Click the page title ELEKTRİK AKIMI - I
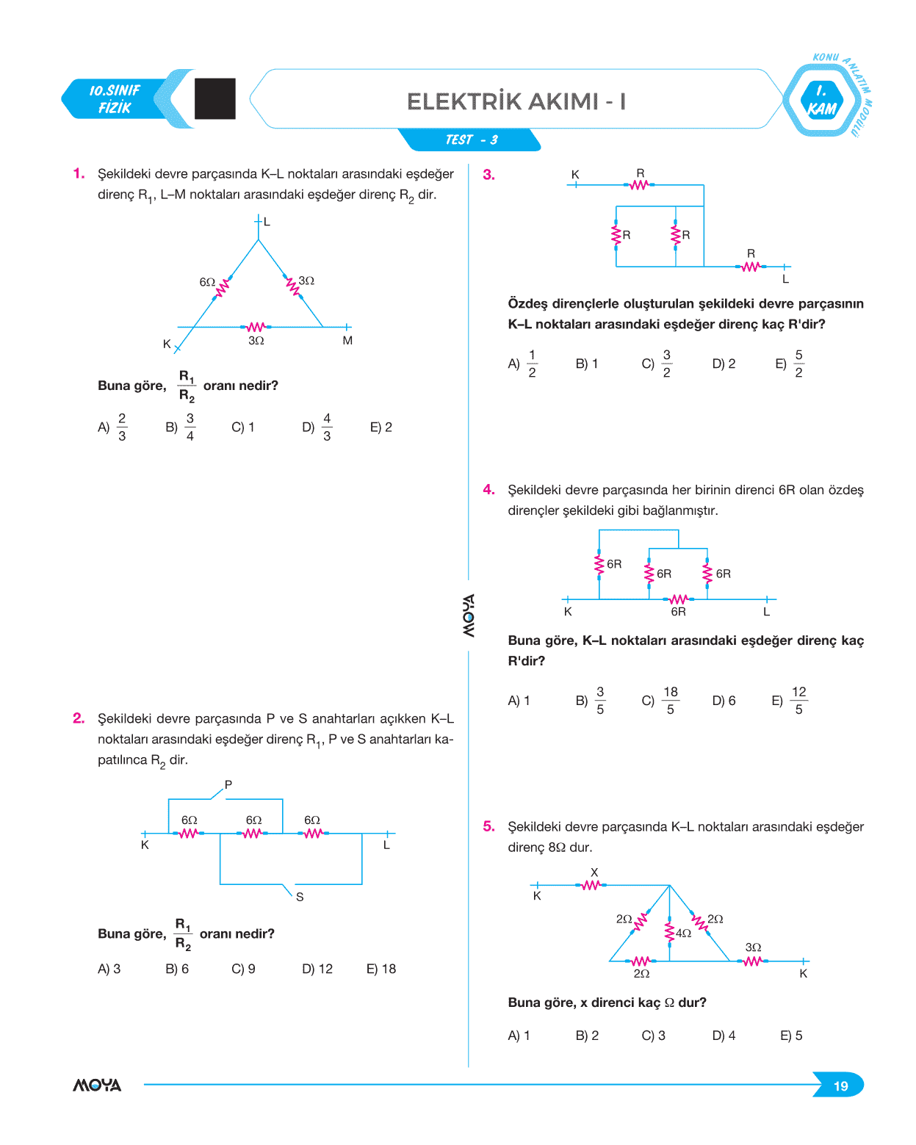point(516,101)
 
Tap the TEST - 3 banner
point(471,140)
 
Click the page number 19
point(840,1086)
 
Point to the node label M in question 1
point(347,341)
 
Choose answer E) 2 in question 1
point(381,427)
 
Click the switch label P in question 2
point(228,784)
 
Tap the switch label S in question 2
point(300,897)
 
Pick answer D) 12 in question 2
point(317,969)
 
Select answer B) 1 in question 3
point(586,364)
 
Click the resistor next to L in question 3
point(750,267)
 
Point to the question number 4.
point(488,490)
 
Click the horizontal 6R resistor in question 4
point(678,599)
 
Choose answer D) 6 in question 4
point(724,701)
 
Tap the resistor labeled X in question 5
point(591,885)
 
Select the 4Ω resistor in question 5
point(669,931)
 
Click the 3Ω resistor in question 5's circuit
point(752,961)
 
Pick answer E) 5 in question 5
point(791,1036)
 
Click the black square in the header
point(215,98)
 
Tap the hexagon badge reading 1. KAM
point(821,101)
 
